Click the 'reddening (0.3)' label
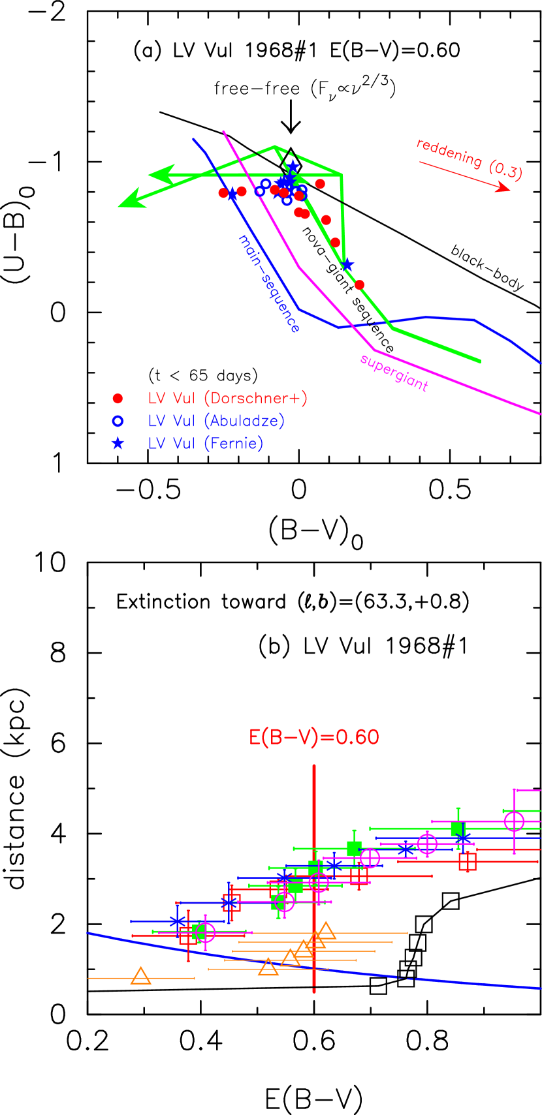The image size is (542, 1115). click(470, 159)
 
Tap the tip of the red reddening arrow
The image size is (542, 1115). click(509, 190)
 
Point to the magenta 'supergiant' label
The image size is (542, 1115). click(394, 373)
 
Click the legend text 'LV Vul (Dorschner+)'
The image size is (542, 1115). click(227, 399)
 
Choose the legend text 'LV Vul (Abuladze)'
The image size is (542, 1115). click(216, 421)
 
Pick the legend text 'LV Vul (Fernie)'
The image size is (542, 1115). click(205, 444)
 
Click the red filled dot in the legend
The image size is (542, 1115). click(118, 399)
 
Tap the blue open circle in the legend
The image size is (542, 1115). click(118, 421)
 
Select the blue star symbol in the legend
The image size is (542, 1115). click(118, 444)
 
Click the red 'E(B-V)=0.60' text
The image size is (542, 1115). click(314, 737)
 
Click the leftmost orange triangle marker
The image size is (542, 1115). click(140, 976)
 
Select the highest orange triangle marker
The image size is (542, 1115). click(326, 931)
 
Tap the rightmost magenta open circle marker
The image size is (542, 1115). click(514, 821)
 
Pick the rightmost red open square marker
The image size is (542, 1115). click(468, 861)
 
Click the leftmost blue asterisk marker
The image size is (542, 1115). click(177, 921)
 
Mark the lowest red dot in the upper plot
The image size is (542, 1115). click(359, 284)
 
